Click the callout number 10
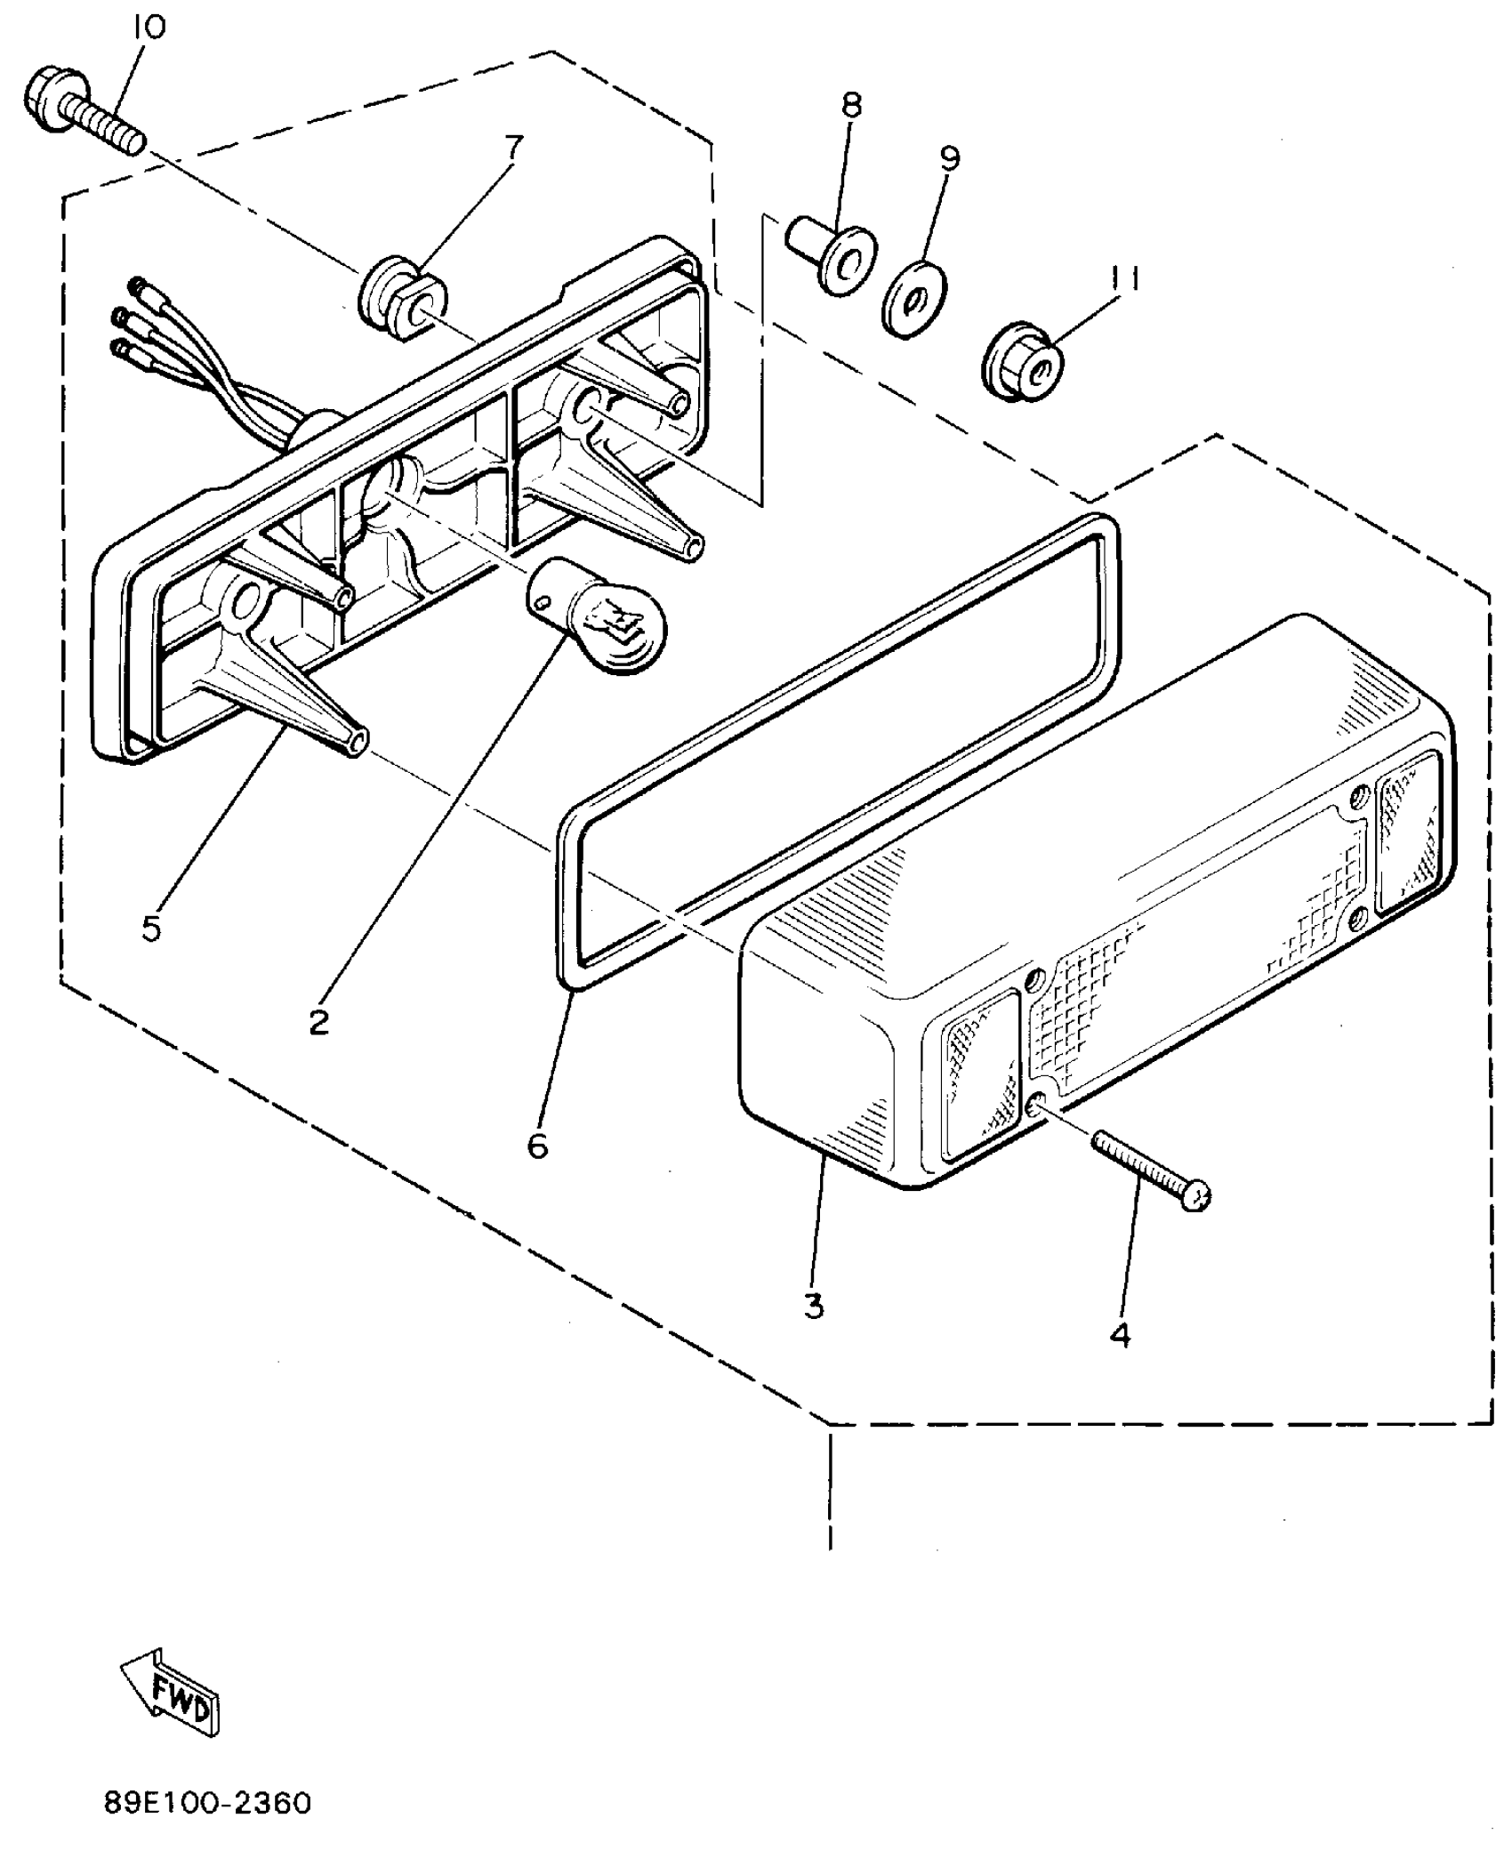click(149, 28)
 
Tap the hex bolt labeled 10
click(80, 112)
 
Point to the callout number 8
click(851, 106)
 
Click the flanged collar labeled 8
click(832, 257)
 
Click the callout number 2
click(318, 1023)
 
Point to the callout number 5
click(151, 929)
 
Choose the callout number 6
click(537, 1146)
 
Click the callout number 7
click(514, 146)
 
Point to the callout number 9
click(950, 159)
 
